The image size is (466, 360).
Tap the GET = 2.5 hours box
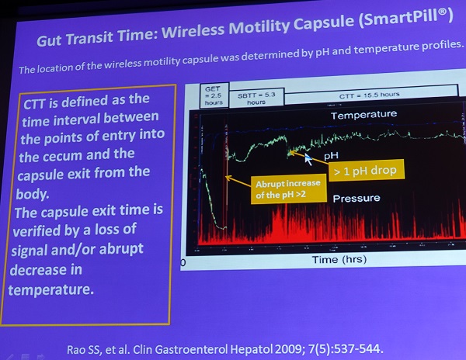coord(214,95)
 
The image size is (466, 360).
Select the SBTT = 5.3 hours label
coord(256,99)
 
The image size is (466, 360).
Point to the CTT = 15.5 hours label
coord(369,95)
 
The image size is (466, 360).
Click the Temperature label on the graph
coord(363,115)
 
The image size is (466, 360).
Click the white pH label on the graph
coord(331,155)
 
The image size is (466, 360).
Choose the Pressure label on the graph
coord(356,198)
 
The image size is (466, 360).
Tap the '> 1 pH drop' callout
coord(366,171)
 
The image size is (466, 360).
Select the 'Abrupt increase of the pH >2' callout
coord(288,189)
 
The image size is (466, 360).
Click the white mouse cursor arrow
coord(308,159)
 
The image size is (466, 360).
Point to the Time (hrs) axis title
coord(339,259)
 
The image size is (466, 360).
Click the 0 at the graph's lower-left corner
coord(183,263)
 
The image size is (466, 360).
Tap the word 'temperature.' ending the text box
coord(50,289)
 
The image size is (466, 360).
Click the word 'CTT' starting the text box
coord(34,104)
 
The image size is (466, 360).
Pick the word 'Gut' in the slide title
coord(49,40)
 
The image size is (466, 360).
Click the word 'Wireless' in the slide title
coord(194,31)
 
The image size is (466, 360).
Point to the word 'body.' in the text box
coord(32,194)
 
